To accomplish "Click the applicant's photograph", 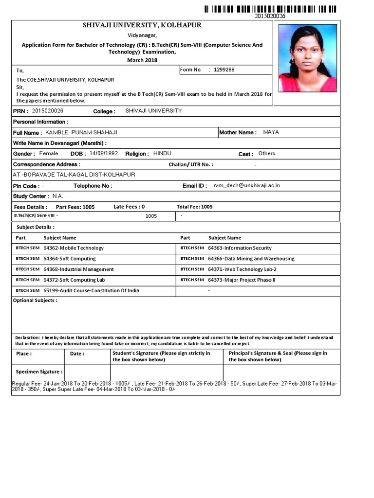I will click(307, 58).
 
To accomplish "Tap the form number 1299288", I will click(224, 70).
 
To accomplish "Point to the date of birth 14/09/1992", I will click(104, 153).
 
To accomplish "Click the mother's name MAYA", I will click(271, 132).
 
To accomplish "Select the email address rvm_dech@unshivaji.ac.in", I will click(243, 185).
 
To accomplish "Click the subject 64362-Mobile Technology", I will click(74, 248).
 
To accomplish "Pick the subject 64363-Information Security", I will click(240, 248).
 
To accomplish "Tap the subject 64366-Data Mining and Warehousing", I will click(251, 259).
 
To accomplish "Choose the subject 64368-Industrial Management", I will click(78, 269).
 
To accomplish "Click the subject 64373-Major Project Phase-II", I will click(242, 280).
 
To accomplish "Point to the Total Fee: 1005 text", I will click(194, 207).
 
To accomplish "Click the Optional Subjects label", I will click(35, 301).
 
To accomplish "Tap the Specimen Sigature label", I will click(39, 372).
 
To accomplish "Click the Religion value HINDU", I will click(162, 153).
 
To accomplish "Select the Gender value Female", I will click(48, 153).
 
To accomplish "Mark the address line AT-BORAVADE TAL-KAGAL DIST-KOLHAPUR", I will click(74, 175).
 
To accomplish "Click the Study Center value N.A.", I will click(58, 196).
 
